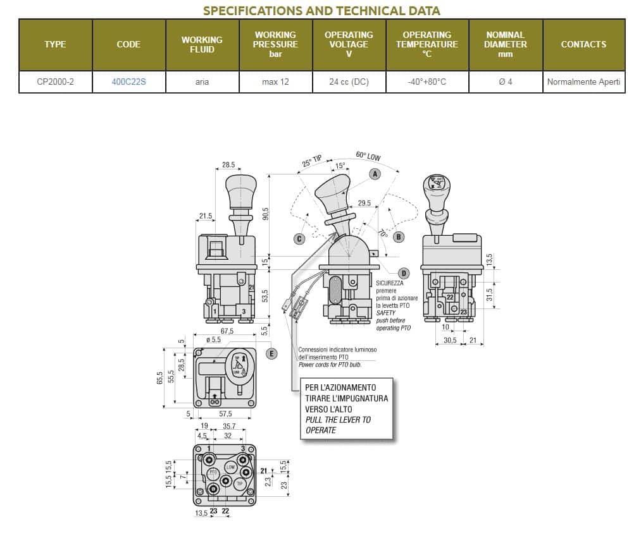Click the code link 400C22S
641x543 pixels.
click(129, 82)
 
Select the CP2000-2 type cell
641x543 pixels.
click(56, 82)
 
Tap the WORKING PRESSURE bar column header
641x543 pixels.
click(275, 44)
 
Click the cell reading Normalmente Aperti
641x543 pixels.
click(583, 82)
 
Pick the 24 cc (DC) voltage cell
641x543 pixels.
click(349, 82)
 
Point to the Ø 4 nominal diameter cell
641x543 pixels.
click(506, 82)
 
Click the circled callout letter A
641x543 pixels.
click(375, 173)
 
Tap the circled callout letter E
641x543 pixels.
click(271, 353)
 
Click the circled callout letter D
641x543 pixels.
click(404, 272)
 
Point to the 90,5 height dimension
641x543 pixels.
click(266, 214)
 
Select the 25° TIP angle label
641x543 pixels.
click(311, 161)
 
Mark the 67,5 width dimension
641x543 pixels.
click(227, 331)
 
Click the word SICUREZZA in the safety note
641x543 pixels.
click(389, 283)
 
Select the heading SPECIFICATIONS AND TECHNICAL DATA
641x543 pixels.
click(321, 11)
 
